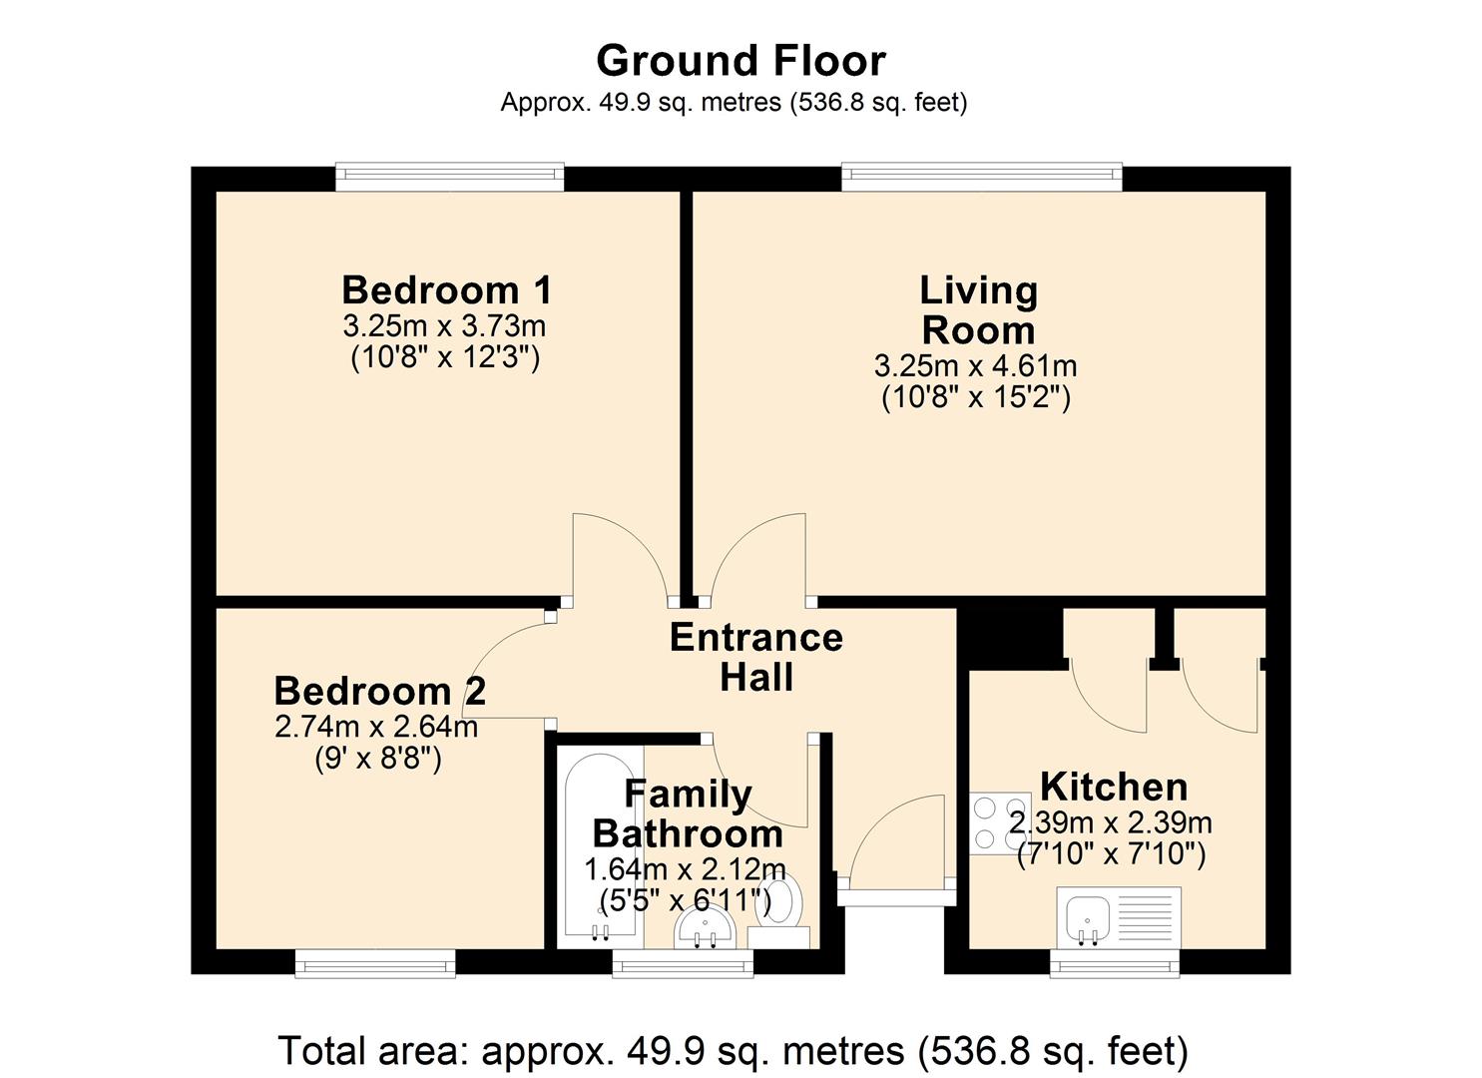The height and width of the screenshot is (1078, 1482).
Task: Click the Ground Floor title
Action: coord(741,61)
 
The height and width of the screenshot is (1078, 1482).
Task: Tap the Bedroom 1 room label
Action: coord(446,289)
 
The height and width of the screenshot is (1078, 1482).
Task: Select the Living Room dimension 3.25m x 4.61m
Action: coord(976,365)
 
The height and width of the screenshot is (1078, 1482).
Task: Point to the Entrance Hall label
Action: coord(756,657)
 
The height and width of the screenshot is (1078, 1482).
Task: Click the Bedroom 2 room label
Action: coord(380,691)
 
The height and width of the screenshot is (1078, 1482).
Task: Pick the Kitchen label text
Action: coord(1114,787)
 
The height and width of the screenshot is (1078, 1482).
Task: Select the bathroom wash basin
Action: coord(706,928)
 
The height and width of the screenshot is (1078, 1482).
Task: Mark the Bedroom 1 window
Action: coord(450,177)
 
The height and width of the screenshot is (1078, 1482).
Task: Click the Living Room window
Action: coord(982,177)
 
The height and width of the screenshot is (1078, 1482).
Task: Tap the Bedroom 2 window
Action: coord(375,963)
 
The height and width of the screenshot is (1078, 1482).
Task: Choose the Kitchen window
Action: coord(1115,963)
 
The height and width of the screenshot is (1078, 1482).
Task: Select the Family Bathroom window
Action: coord(683,963)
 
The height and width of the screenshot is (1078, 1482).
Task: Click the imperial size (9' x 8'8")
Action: coord(378,759)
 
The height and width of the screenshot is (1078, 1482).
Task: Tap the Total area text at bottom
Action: coord(734,1050)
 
